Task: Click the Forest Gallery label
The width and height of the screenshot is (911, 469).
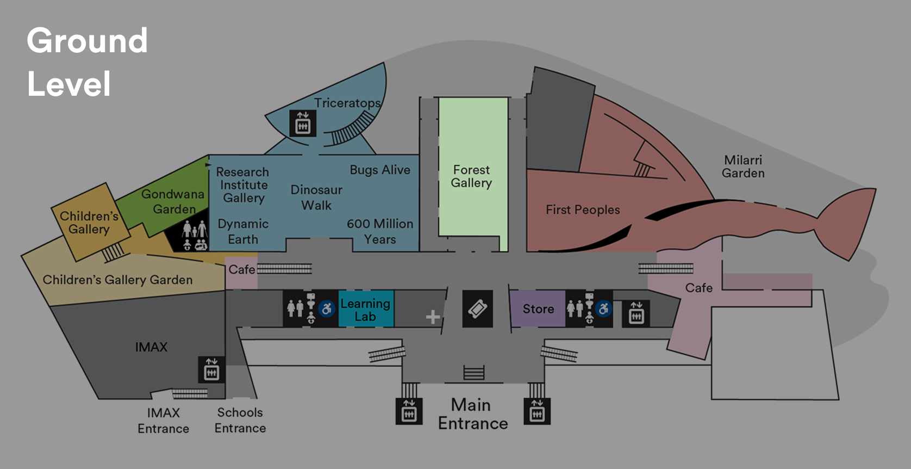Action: pos(471,176)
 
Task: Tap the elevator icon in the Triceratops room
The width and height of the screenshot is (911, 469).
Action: pos(302,123)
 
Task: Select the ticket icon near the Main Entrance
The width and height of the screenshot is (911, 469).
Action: pos(477,309)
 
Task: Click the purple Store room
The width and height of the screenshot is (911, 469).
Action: pos(538,309)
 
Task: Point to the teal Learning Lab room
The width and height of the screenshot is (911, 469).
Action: pos(365,310)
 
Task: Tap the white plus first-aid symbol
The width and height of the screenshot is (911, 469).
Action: pos(433,317)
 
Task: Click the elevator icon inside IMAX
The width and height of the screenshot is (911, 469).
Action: pos(211,369)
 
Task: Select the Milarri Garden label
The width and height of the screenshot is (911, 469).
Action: pos(743,166)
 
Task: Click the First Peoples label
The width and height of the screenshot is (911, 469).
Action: pos(583,209)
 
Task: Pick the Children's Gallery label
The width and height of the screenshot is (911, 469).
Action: pos(89,223)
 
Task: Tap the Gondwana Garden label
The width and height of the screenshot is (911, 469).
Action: pos(173,201)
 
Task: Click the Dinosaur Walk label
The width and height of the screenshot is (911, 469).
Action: pos(316,198)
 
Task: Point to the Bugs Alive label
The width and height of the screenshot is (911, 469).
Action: pos(380,170)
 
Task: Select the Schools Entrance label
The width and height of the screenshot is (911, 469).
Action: pos(240,420)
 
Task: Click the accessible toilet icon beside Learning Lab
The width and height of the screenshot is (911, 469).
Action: pos(327,309)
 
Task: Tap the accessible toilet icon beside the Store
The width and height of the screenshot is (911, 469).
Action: pos(603,309)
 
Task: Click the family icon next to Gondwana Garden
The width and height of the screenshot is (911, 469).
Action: pos(194,236)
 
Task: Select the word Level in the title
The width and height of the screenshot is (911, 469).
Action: pos(69,84)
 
